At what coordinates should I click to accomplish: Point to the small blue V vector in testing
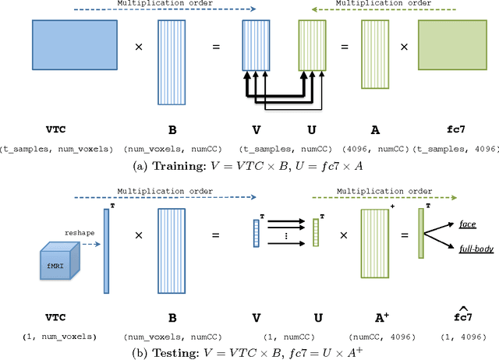[x=257, y=233]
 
